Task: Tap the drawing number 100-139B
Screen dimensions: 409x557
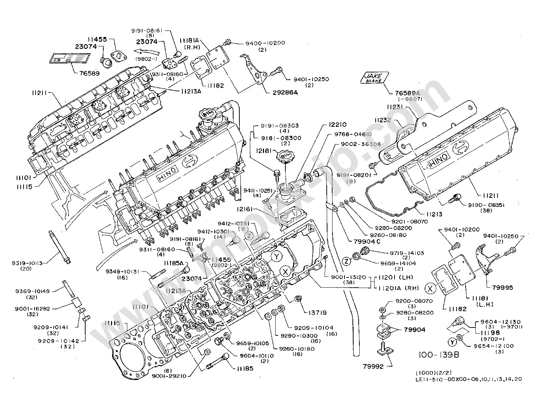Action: click(x=438, y=355)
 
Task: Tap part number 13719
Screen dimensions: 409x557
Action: click(x=317, y=312)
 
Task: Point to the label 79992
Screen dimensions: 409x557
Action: click(x=373, y=367)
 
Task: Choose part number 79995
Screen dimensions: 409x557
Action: click(x=502, y=288)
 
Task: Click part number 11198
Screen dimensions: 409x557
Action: click(x=490, y=333)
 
